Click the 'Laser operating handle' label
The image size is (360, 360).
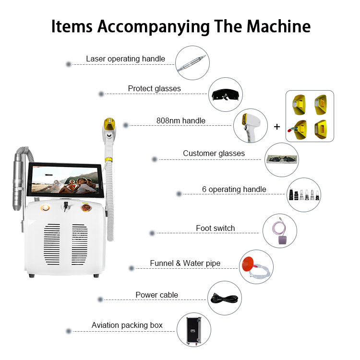tap(125, 59)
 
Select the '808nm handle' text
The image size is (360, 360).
tap(181, 120)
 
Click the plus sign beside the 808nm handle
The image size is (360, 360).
tap(277, 127)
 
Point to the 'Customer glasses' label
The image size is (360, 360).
tap(214, 154)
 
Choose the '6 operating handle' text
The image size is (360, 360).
tap(234, 189)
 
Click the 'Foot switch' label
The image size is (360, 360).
tap(215, 228)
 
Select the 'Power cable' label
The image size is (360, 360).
tap(156, 295)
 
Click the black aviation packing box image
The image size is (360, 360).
tap(193, 330)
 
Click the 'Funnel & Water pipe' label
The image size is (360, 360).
tap(185, 263)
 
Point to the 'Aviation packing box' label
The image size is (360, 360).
tap(127, 325)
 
